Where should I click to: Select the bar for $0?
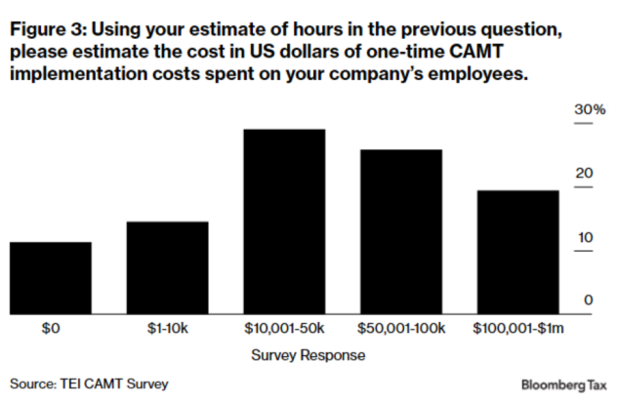pyautogui.click(x=51, y=278)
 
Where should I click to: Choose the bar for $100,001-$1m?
pyautogui.click(x=517, y=253)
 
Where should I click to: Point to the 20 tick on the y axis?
pyautogui.click(x=585, y=174)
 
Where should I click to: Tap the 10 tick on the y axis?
pyautogui.click(x=585, y=237)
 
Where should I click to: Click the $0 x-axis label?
pyautogui.click(x=51, y=329)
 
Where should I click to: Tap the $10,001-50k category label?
pyautogui.click(x=284, y=329)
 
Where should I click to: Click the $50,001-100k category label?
pyautogui.click(x=401, y=329)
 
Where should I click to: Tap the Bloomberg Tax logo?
pyautogui.click(x=565, y=384)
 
